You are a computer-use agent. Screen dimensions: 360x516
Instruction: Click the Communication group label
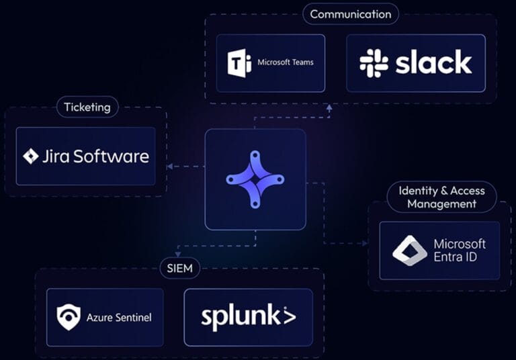[x=350, y=14]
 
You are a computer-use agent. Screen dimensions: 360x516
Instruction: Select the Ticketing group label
[x=87, y=107]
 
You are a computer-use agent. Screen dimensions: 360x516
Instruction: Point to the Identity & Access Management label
[x=441, y=197]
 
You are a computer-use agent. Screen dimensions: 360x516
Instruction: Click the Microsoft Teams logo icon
[x=240, y=63]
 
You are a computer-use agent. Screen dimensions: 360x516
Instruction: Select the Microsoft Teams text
[x=286, y=62]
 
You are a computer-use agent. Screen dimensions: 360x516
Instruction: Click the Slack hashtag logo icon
[x=374, y=63]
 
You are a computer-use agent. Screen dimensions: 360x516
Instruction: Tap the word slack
[x=433, y=63]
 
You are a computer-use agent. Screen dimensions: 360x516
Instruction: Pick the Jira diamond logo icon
[x=31, y=156]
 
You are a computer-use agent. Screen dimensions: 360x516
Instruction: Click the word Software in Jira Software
[x=111, y=156]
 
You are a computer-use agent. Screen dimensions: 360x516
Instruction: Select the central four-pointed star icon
[x=255, y=179]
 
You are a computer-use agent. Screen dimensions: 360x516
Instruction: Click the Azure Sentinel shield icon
[x=69, y=317]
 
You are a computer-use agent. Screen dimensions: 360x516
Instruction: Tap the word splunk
[x=248, y=316]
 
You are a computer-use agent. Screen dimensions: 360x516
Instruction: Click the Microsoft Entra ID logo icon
[x=410, y=251]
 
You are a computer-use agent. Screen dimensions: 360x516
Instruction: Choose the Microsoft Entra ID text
[x=460, y=250]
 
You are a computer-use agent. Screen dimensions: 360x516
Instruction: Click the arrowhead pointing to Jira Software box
[x=170, y=167]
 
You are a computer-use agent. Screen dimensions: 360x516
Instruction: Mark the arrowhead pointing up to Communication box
[x=329, y=107]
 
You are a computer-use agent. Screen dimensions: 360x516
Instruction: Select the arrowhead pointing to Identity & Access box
[x=364, y=243]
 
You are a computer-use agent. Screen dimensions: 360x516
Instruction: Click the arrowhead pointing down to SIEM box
[x=177, y=255]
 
